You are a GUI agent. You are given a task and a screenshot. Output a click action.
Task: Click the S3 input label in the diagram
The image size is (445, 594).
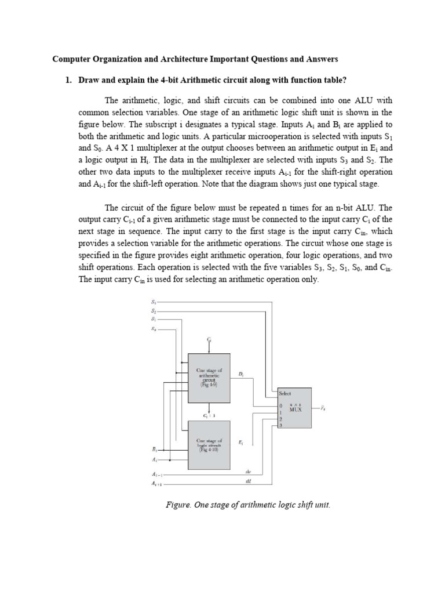[x=153, y=302]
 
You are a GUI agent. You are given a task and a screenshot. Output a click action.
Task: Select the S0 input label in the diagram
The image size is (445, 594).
[x=153, y=329]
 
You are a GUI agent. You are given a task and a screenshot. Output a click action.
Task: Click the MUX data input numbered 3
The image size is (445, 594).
[x=281, y=426]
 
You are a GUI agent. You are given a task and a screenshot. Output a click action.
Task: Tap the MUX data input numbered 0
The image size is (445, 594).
[x=281, y=405]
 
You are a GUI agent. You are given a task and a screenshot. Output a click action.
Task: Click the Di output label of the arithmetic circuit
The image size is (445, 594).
[x=240, y=375]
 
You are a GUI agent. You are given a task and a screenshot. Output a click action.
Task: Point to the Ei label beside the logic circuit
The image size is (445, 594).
[x=240, y=442]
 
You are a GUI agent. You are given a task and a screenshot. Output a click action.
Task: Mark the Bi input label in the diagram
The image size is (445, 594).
[x=154, y=449]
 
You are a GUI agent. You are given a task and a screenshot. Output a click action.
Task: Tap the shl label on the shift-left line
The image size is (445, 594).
[x=249, y=481]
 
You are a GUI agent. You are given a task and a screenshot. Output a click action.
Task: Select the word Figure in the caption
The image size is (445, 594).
[x=179, y=505]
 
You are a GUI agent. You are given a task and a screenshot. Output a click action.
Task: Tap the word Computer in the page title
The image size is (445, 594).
[x=71, y=59]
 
